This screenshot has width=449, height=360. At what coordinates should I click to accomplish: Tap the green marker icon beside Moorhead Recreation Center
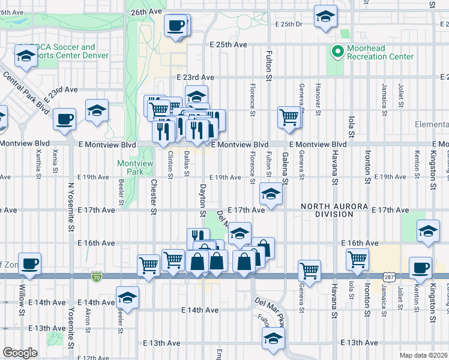tap(336, 52)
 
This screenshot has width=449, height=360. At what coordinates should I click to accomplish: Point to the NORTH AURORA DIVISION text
tap(334, 210)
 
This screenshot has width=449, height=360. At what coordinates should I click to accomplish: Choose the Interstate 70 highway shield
tap(98, 277)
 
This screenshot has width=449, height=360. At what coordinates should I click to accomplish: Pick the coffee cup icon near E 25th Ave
tap(176, 26)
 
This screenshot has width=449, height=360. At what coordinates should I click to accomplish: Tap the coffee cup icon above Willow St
tap(29, 263)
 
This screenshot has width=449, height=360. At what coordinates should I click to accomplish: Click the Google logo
tap(20, 353)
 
